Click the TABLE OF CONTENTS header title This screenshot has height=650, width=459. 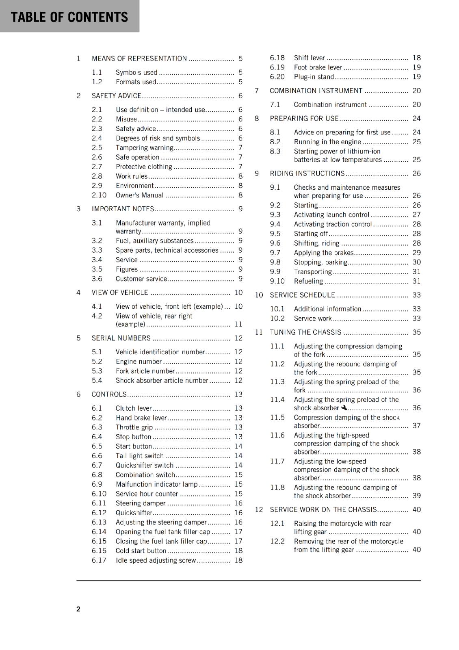pyautogui.click(x=69, y=17)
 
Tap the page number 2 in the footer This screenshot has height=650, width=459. pyautogui.click(x=78, y=609)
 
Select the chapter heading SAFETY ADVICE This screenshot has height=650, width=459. pyautogui.click(x=117, y=96)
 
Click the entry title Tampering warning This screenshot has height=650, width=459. pyautogui.click(x=145, y=148)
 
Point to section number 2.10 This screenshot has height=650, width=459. pyautogui.click(x=99, y=195)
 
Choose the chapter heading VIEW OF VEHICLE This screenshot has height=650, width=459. pyautogui.click(x=120, y=292)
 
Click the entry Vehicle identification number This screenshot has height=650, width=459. pyautogui.click(x=160, y=352)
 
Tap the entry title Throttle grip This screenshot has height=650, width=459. pyautogui.click(x=134, y=427)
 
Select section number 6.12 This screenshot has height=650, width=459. pyautogui.click(x=99, y=513)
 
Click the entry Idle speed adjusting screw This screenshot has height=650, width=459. pyautogui.click(x=156, y=560)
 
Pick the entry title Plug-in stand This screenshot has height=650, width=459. pyautogui.click(x=314, y=77)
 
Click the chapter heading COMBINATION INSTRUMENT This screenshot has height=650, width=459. pyautogui.click(x=316, y=91)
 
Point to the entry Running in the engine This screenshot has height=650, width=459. pyautogui.click(x=327, y=142)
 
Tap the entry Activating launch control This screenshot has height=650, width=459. pyautogui.click(x=331, y=214)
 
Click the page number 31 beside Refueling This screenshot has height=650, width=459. pyautogui.click(x=416, y=281)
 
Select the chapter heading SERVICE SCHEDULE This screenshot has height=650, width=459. pyautogui.click(x=302, y=295)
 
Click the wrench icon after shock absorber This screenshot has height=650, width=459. pyautogui.click(x=344, y=407)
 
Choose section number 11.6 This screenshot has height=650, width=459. pyautogui.click(x=277, y=435)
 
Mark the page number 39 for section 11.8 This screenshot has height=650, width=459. pyautogui.click(x=416, y=496)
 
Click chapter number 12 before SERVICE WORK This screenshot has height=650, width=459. pyautogui.click(x=259, y=509)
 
